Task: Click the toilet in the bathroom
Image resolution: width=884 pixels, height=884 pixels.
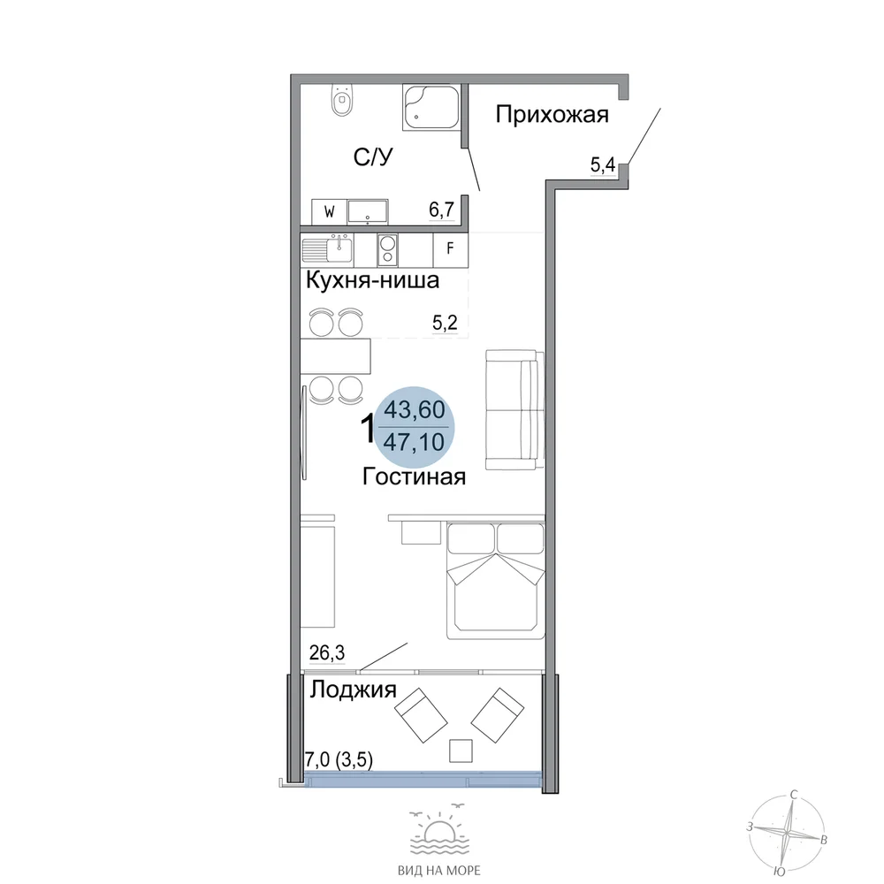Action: pyautogui.click(x=342, y=100)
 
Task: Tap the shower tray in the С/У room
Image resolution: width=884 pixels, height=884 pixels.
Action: pyautogui.click(x=431, y=108)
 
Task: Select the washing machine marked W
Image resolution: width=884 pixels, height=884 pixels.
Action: pyautogui.click(x=329, y=211)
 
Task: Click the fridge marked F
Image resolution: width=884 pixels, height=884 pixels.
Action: pyautogui.click(x=451, y=248)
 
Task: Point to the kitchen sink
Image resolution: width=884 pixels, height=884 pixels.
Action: pyautogui.click(x=328, y=248)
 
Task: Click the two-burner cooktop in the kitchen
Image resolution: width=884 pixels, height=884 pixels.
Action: pyautogui.click(x=387, y=250)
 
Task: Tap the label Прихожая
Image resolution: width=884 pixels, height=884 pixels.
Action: pyautogui.click(x=552, y=115)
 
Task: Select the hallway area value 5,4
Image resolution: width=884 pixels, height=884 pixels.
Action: pyautogui.click(x=603, y=165)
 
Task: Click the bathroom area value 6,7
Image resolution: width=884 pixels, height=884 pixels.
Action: pyautogui.click(x=441, y=210)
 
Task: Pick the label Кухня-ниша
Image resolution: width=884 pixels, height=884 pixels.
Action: pyautogui.click(x=372, y=280)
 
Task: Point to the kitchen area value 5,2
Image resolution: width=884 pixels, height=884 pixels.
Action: pyautogui.click(x=445, y=323)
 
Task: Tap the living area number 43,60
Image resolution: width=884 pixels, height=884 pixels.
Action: pyautogui.click(x=415, y=410)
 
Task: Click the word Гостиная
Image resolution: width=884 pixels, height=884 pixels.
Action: pyautogui.click(x=414, y=477)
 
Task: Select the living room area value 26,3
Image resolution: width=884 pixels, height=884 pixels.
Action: pyautogui.click(x=327, y=653)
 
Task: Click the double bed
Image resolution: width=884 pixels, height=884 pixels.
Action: pyautogui.click(x=496, y=581)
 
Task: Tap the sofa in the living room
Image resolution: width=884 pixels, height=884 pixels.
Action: pyautogui.click(x=515, y=410)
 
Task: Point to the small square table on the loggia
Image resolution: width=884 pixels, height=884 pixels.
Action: pyautogui.click(x=461, y=751)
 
